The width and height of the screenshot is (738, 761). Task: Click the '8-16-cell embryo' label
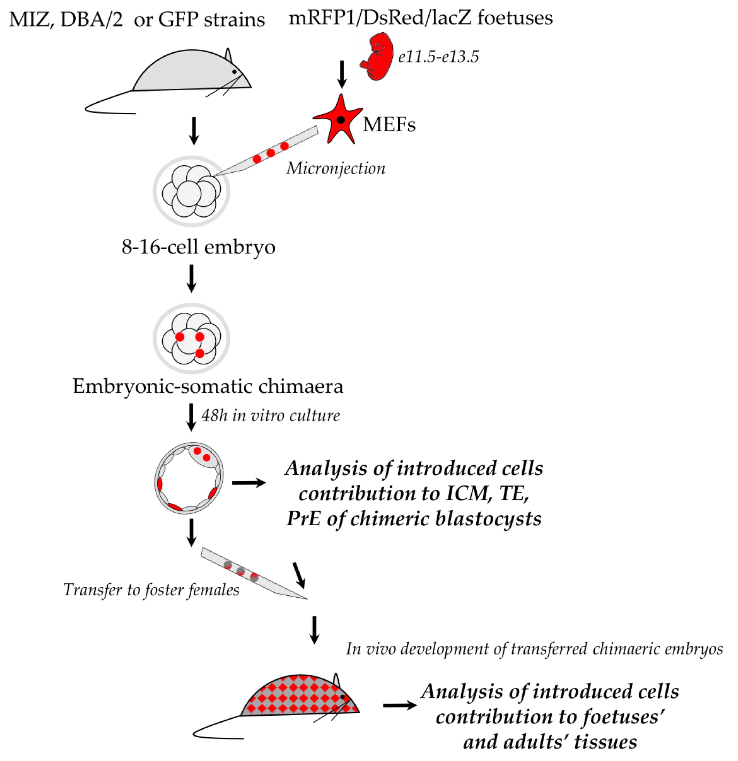click(x=198, y=247)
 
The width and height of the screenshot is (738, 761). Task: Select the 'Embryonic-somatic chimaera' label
click(x=208, y=386)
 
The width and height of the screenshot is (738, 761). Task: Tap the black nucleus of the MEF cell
click(x=340, y=120)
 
